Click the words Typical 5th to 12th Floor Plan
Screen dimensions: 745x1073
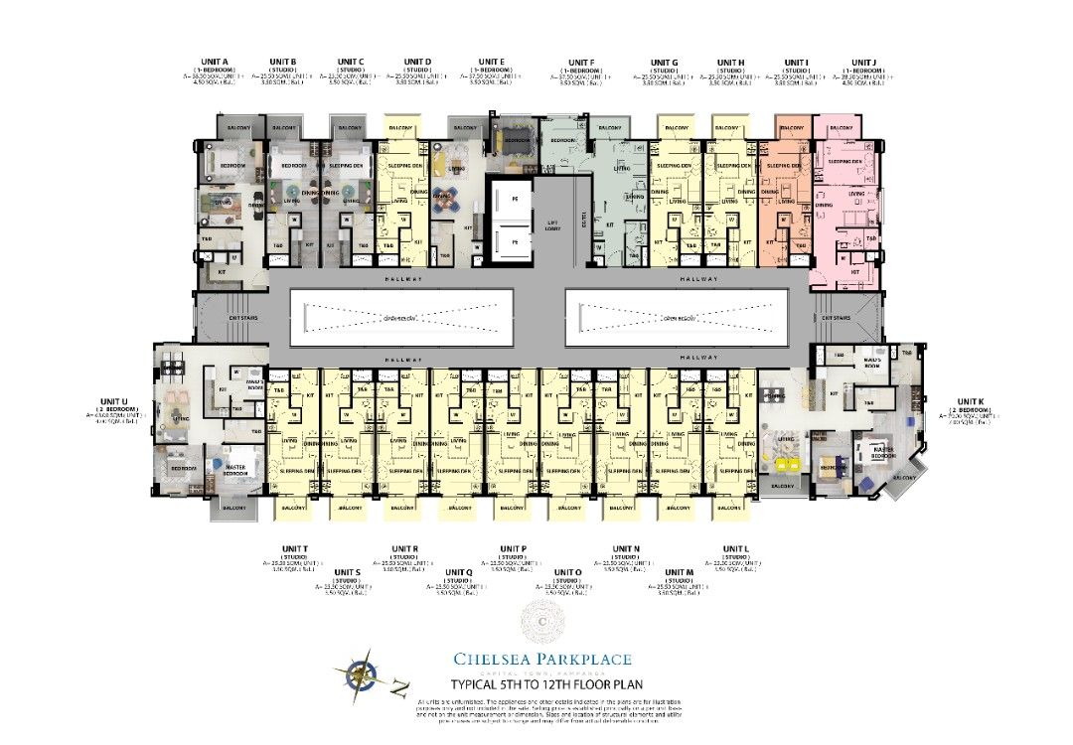[541, 684]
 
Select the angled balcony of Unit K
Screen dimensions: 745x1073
[903, 479]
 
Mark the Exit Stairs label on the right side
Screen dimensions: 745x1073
[835, 318]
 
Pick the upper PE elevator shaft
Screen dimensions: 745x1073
[514, 200]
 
